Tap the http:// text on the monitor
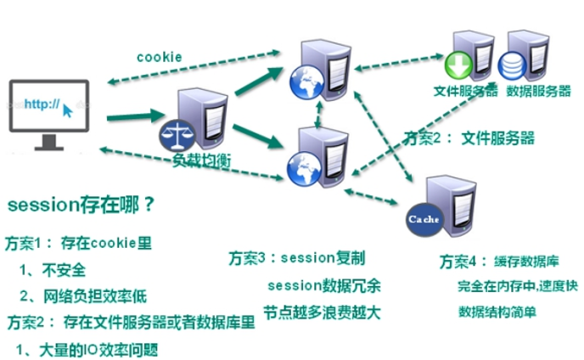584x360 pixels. pyautogui.click(x=42, y=104)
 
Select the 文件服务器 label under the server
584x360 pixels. pyautogui.click(x=465, y=91)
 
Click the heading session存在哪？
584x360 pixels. pyautogui.click(x=81, y=205)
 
